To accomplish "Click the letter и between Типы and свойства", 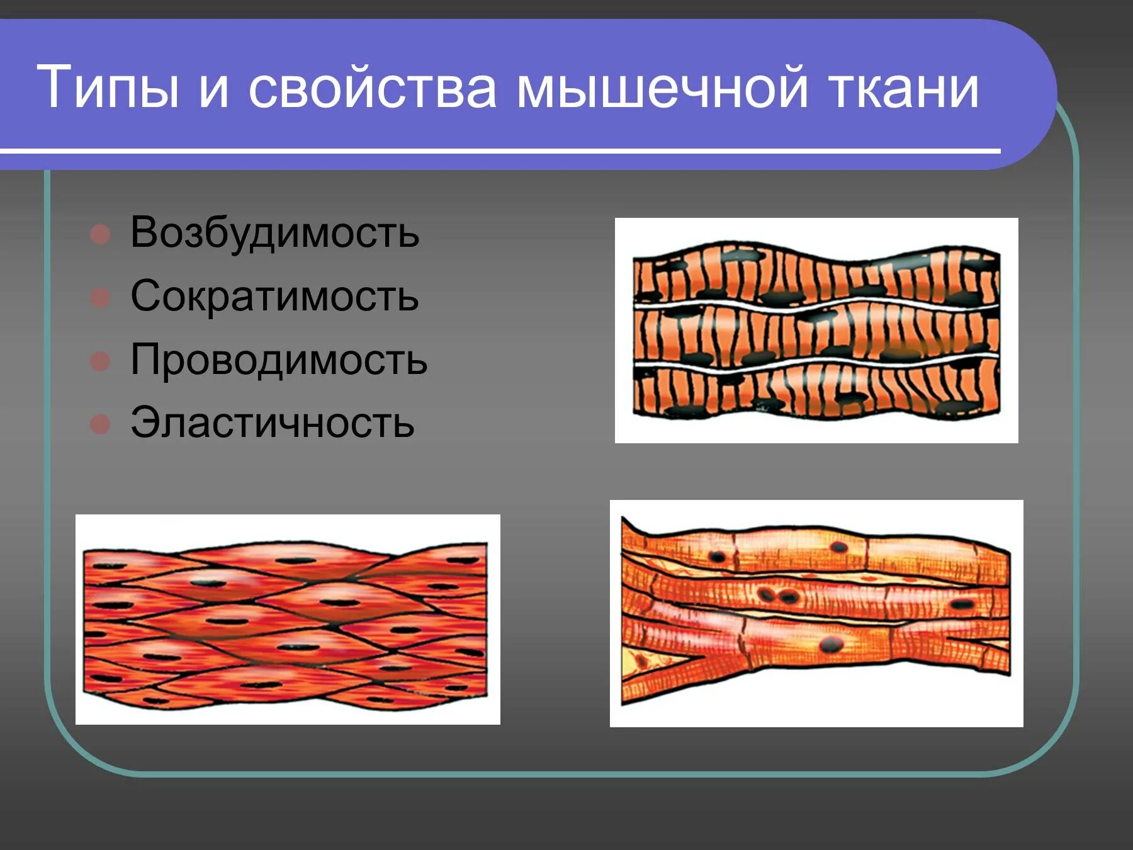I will click(x=213, y=88).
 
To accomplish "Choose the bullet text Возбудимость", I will click(x=274, y=233).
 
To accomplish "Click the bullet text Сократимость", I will click(x=274, y=296).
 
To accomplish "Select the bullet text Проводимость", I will click(x=279, y=360).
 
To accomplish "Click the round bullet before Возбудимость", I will click(x=100, y=234).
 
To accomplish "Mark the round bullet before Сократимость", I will click(x=100, y=297).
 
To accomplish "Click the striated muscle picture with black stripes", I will click(x=816, y=330).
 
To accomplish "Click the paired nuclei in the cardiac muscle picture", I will click(x=776, y=594).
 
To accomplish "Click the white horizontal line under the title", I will click(x=500, y=151).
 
